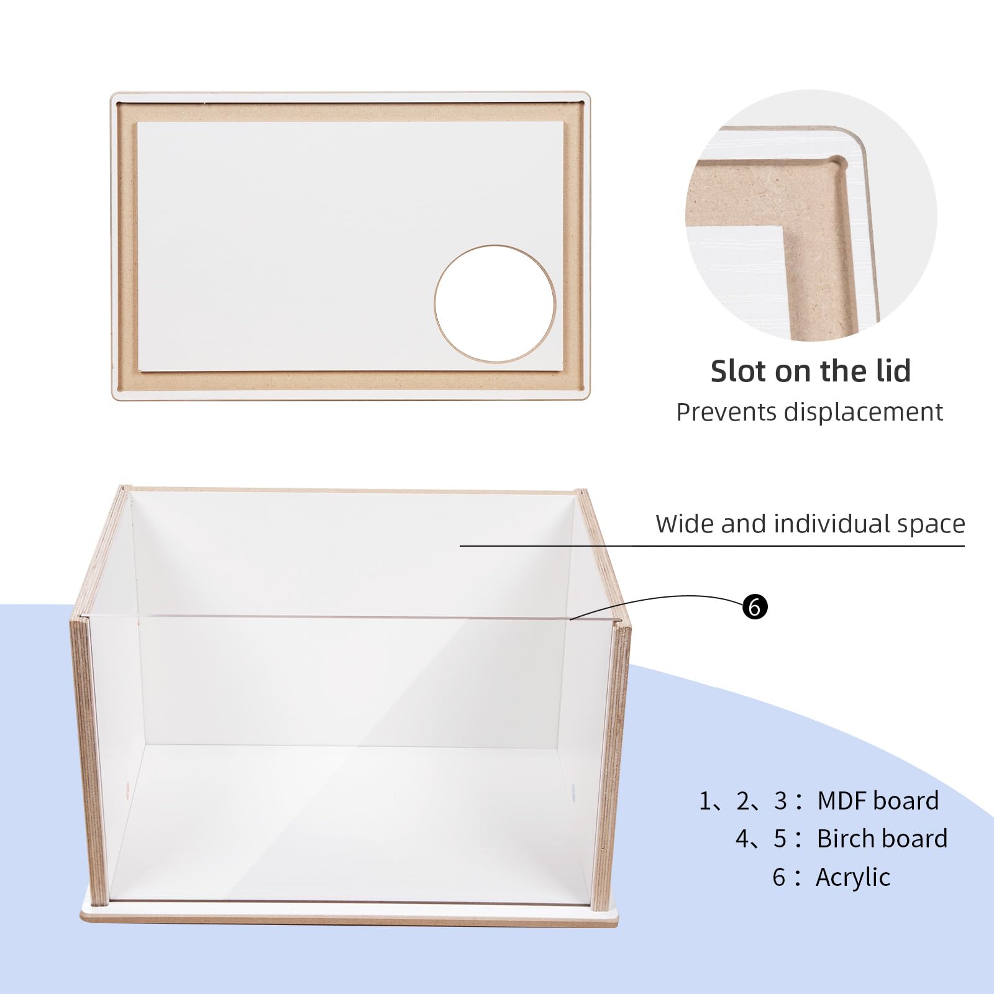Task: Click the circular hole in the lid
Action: (x=495, y=304)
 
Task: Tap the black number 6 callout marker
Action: (x=755, y=606)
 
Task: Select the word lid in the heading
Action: (x=889, y=372)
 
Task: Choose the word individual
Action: (x=826, y=524)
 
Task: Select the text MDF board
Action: (x=877, y=801)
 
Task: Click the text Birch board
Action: (x=882, y=839)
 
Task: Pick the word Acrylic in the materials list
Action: (x=852, y=878)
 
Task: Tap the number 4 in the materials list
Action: (x=743, y=839)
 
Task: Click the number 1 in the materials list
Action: (x=705, y=801)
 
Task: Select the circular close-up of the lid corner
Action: (x=811, y=214)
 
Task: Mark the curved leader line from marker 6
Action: (x=659, y=599)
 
